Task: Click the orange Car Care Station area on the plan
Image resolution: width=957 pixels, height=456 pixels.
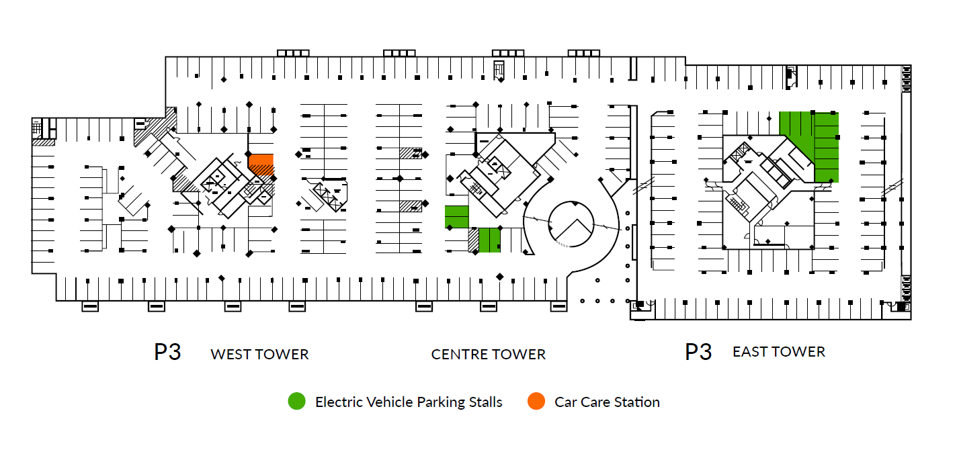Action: [x=261, y=165]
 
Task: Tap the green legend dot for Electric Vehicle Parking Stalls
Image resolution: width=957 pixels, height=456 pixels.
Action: [x=296, y=401]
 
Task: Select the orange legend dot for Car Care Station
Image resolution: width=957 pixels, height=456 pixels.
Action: [x=536, y=401]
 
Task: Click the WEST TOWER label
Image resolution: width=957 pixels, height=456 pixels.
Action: [x=259, y=355]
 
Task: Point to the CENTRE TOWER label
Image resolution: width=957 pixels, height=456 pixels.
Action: [x=489, y=355]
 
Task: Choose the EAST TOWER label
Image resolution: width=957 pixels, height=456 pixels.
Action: [x=779, y=352]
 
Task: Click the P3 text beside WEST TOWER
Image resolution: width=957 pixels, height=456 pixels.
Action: [x=167, y=353]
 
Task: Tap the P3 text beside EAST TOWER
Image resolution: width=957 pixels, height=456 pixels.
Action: [x=698, y=353]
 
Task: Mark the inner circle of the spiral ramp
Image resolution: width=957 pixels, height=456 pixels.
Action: [x=571, y=202]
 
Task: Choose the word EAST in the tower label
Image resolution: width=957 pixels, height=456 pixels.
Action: [x=749, y=352]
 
